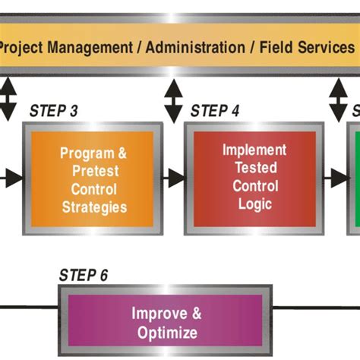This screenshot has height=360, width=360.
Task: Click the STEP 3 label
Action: click(53, 111)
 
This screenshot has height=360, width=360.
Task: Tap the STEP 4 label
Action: click(215, 111)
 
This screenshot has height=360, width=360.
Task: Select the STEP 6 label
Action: click(84, 274)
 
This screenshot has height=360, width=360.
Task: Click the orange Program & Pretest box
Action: click(93, 179)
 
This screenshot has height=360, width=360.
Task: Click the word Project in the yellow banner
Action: click(21, 46)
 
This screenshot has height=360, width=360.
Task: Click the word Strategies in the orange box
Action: click(94, 206)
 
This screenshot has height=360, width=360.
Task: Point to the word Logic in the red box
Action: click(254, 203)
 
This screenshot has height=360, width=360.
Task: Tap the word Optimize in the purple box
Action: click(168, 333)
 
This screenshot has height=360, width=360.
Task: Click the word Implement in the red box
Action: click(254, 150)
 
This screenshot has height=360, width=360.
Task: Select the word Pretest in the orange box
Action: click(94, 171)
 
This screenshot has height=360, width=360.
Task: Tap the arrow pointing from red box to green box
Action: click(335, 178)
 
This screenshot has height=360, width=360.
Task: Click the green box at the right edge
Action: click(355, 178)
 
